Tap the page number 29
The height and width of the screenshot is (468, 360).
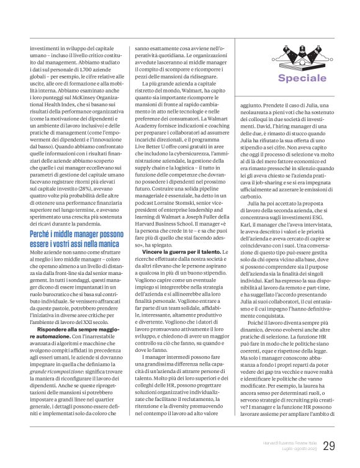click(329, 444)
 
